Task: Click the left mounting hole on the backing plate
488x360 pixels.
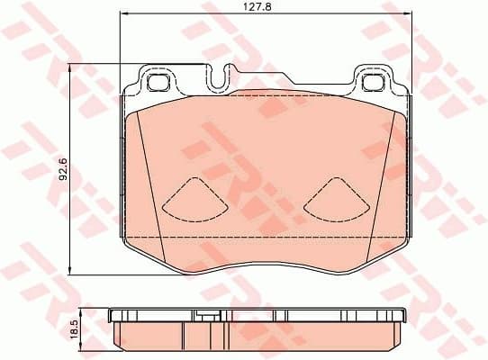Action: (159, 83)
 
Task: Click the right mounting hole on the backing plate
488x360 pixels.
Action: (373, 83)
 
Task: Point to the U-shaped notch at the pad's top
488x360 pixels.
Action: (219, 79)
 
